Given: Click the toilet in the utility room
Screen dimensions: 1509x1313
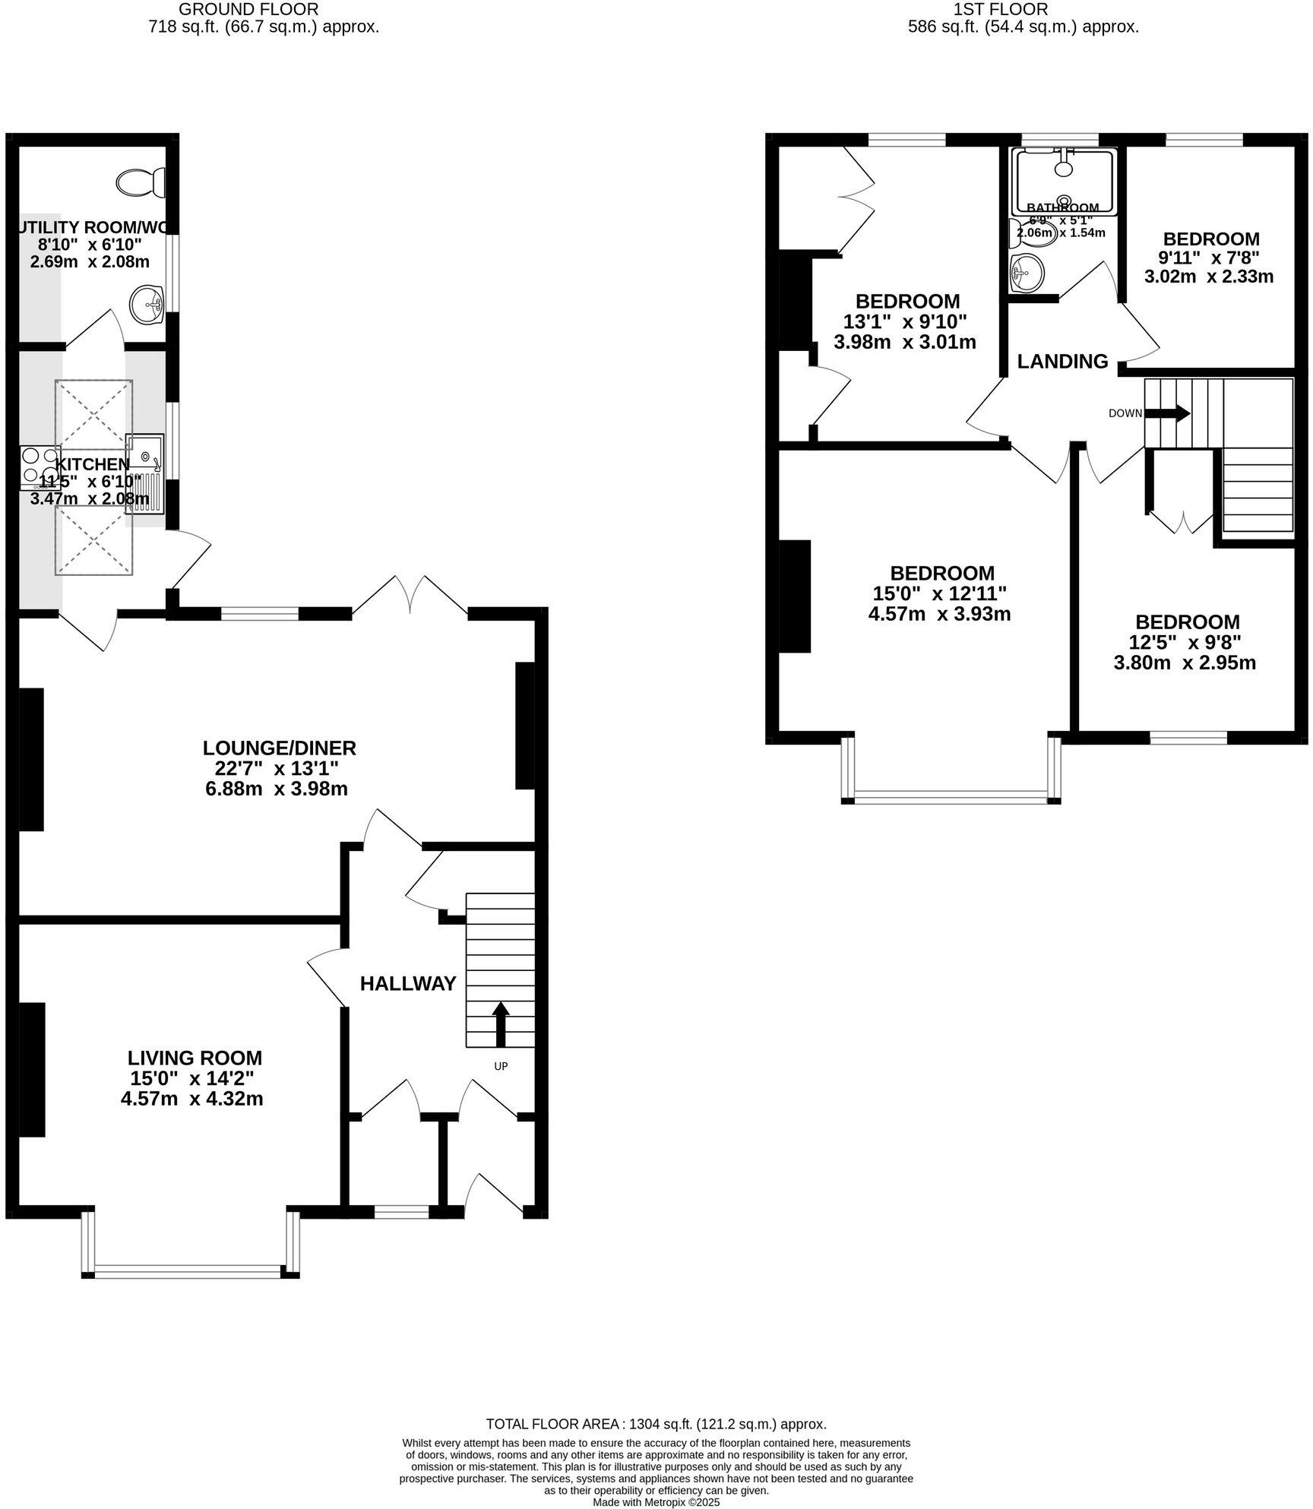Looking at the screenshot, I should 142,182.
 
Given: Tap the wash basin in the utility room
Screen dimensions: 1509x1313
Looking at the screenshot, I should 147,305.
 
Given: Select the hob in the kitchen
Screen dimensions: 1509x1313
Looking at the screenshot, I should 39,466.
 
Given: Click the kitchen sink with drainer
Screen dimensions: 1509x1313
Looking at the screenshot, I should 145,474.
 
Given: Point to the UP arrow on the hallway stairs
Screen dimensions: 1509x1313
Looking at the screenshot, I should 500,1025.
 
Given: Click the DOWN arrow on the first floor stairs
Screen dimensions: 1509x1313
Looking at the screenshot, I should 1167,413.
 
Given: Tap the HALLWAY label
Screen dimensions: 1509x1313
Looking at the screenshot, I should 408,984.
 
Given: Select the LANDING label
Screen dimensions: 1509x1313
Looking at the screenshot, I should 1062,362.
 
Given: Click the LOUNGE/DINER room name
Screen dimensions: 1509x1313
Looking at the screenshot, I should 280,748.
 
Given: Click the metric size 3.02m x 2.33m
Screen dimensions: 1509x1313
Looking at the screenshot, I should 1208,277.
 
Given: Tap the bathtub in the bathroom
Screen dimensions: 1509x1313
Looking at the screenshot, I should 1064,181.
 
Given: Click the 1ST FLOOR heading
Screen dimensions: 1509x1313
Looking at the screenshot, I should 1022,9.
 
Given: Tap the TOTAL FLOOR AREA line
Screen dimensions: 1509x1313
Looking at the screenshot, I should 656,1424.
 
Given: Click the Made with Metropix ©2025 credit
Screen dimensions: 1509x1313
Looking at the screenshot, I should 656,1502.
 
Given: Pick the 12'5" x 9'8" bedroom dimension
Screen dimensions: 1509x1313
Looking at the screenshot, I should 1185,642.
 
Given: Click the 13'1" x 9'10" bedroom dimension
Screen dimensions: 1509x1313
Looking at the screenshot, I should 905,321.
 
